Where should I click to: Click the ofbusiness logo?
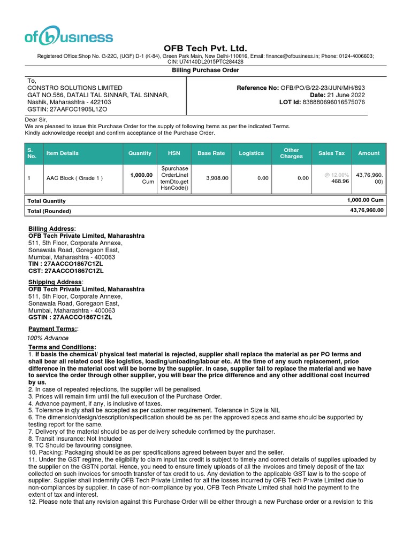tap(68, 36)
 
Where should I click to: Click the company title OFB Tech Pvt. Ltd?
tap(205, 49)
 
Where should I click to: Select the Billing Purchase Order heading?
tap(205, 71)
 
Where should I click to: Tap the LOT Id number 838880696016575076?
tap(334, 102)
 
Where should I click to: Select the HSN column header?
tap(174, 153)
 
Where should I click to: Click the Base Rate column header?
tap(211, 153)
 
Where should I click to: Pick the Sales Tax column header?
tap(332, 153)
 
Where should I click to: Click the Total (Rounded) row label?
tap(49, 212)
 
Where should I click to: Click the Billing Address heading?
tap(51, 229)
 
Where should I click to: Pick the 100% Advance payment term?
tap(48, 338)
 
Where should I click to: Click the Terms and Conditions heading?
tap(62, 347)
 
